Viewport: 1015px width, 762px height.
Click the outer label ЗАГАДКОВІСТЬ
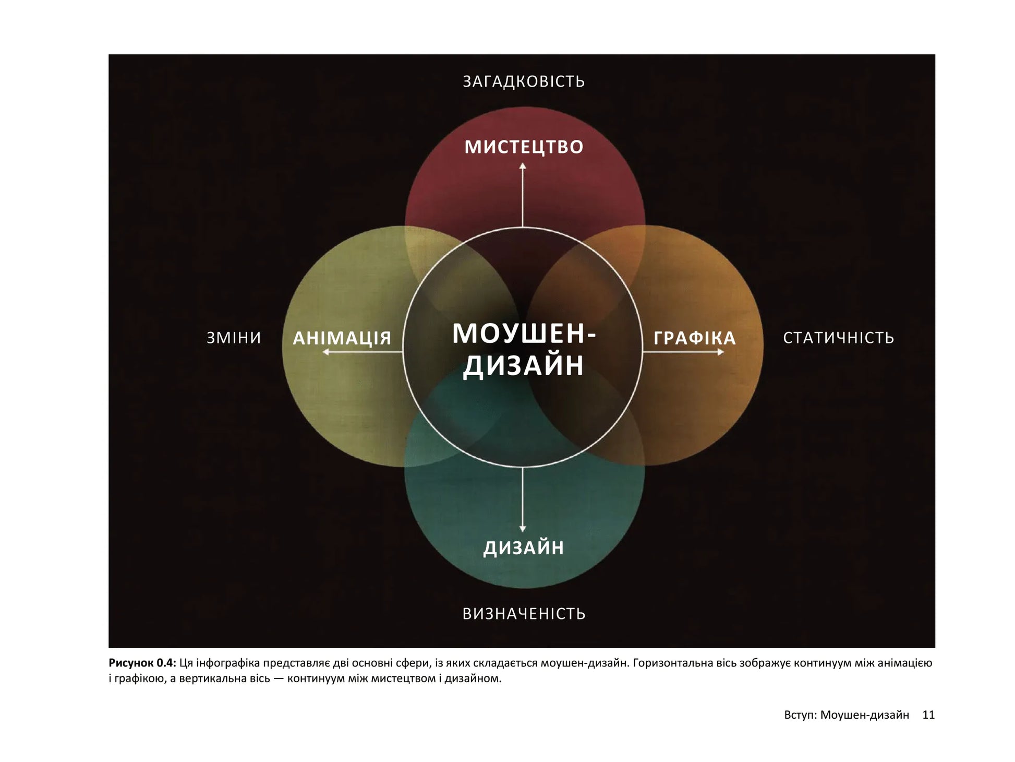524,82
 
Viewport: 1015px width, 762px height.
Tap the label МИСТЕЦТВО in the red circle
524,147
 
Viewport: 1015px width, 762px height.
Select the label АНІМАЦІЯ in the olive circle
342,338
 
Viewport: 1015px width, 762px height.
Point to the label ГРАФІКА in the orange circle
695,338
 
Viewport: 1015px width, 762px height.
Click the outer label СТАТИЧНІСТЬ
839,338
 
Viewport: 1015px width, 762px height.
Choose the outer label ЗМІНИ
234,338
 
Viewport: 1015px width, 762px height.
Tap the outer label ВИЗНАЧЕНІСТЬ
524,614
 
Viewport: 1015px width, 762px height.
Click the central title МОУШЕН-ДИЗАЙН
524,349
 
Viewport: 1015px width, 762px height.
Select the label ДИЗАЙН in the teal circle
524,547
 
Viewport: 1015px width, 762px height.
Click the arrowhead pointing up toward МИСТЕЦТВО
523,166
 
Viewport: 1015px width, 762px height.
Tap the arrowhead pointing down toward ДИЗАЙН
523,529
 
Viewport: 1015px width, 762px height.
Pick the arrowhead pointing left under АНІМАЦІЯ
325,352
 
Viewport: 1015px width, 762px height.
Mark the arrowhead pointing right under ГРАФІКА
721,352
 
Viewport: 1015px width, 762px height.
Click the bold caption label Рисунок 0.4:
142,663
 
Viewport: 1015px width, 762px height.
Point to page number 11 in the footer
928,715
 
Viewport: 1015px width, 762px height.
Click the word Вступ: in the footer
800,716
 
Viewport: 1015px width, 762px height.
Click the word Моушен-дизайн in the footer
865,716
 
